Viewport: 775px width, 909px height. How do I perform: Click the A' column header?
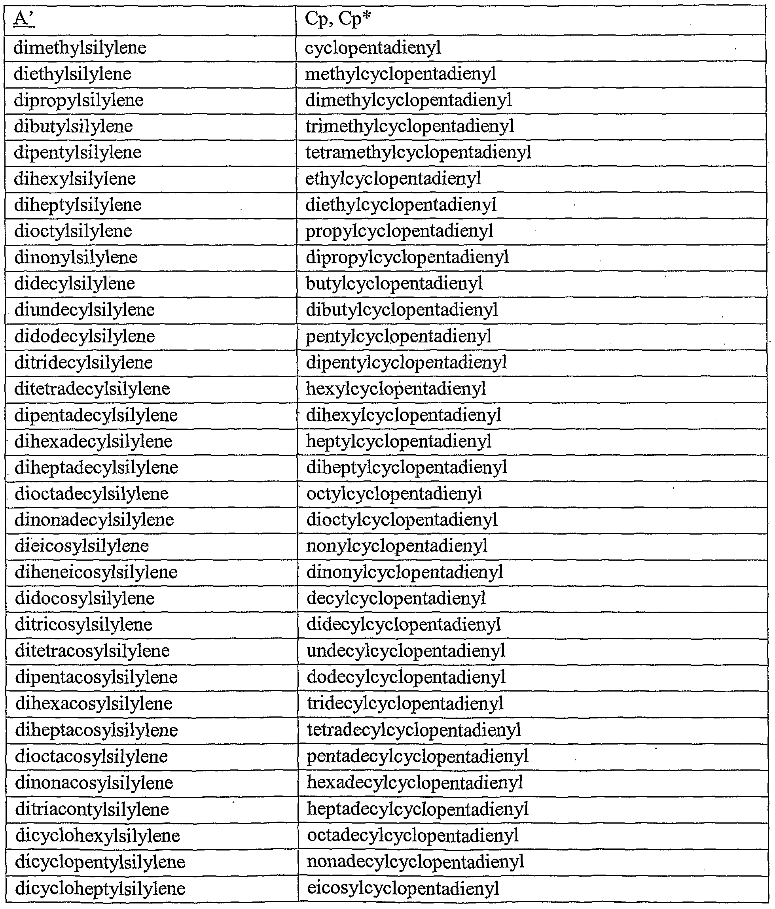tap(24, 20)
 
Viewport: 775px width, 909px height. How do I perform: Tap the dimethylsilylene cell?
tap(80, 48)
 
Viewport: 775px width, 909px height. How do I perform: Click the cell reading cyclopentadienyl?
tap(373, 48)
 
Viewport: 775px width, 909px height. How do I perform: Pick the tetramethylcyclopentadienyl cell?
tap(418, 153)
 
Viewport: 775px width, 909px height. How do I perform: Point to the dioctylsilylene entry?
tap(73, 231)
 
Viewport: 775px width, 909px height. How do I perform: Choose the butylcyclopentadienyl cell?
tap(394, 283)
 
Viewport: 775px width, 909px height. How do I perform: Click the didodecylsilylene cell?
tap(85, 336)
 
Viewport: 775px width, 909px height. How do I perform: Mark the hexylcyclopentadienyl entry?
tap(396, 389)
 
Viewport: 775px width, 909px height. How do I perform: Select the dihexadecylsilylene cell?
tap(93, 441)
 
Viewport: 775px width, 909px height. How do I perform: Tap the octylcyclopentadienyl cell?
tap(394, 494)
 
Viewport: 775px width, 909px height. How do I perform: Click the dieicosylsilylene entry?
tap(81, 546)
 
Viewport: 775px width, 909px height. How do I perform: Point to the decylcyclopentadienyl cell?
tap(396, 598)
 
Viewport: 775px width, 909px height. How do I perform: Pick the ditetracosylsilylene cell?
tap(92, 650)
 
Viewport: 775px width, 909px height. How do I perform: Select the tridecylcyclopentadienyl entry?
tap(405, 704)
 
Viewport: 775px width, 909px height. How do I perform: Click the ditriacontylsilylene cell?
tap(92, 809)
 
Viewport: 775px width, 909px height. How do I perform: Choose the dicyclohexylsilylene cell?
tap(97, 836)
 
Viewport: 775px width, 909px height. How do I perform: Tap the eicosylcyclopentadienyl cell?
tap(403, 888)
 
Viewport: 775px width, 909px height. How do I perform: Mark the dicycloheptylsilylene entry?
tap(100, 889)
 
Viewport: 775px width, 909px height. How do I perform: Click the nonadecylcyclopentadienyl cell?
tap(415, 862)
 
